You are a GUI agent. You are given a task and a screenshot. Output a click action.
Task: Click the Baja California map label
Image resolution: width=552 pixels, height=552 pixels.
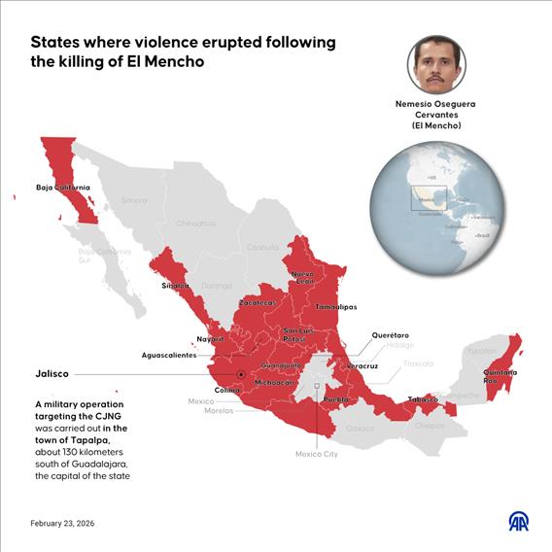pyautogui.click(x=63, y=187)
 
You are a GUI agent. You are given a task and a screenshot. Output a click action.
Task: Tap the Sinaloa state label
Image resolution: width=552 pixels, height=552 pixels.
pyautogui.click(x=177, y=287)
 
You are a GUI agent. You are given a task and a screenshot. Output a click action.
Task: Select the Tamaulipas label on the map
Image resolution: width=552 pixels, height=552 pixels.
pyautogui.click(x=335, y=307)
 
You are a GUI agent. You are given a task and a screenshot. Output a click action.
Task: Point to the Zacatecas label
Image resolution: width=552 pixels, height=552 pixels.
pyautogui.click(x=258, y=303)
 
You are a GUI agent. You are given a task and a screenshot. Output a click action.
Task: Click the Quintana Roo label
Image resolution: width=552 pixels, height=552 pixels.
pyautogui.click(x=500, y=377)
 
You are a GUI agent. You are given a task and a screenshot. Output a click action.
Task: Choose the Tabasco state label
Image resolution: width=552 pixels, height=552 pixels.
pyautogui.click(x=422, y=399)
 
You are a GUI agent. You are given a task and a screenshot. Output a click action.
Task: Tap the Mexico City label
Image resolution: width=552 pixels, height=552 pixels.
pyautogui.click(x=317, y=454)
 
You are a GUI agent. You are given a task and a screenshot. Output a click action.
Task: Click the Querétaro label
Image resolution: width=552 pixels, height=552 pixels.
pyautogui.click(x=391, y=335)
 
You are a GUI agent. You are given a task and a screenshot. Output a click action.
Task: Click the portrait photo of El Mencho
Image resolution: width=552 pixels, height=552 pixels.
pyautogui.click(x=436, y=63)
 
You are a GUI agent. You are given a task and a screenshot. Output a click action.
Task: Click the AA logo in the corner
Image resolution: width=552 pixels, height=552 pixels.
pyautogui.click(x=519, y=521)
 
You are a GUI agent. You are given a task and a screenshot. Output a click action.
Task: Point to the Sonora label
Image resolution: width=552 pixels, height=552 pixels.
pyautogui.click(x=134, y=200)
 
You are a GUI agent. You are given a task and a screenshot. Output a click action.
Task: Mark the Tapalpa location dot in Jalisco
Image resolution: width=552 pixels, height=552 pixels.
pyautogui.click(x=240, y=374)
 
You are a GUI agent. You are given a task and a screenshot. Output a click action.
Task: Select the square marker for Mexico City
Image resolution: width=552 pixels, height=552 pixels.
pyautogui.click(x=318, y=386)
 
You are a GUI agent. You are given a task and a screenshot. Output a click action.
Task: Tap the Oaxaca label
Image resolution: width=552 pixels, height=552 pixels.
pyautogui.click(x=360, y=428)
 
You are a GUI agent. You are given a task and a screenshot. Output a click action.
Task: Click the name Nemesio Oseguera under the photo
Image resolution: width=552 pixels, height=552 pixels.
pyautogui.click(x=436, y=104)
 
